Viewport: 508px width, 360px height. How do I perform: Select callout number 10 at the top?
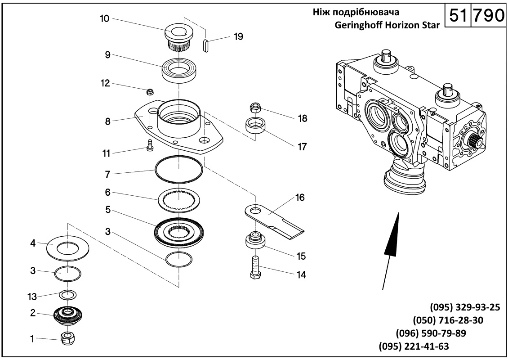pyautogui.click(x=104, y=19)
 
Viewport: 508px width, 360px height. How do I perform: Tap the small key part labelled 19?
pyautogui.click(x=206, y=46)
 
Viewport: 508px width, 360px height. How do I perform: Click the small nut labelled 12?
pyautogui.click(x=150, y=92)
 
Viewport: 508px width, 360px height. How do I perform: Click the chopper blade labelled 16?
pyautogui.click(x=275, y=220)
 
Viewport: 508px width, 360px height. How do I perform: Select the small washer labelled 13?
pyautogui.click(x=68, y=295)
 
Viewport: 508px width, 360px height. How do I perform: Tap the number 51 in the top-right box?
pyautogui.click(x=457, y=16)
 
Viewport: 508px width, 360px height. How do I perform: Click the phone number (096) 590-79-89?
pyautogui.click(x=430, y=333)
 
